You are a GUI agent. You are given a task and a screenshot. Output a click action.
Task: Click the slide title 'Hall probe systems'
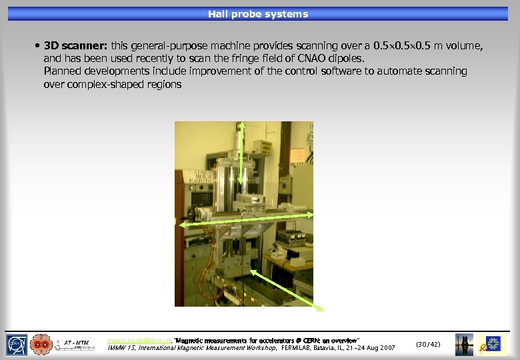257,14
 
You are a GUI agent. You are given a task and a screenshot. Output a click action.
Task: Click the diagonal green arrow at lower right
287,290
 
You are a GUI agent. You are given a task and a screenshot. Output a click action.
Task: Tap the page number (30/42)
428,344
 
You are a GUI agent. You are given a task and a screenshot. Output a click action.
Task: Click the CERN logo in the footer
17,344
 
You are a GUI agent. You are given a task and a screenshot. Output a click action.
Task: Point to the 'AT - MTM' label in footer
77,343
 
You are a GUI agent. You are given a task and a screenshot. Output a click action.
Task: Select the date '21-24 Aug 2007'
369,348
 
